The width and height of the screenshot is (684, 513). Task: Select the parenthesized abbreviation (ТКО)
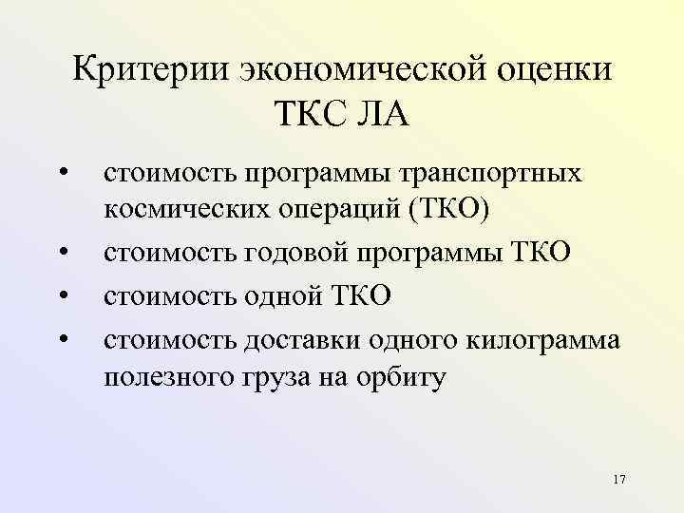pyautogui.click(x=449, y=209)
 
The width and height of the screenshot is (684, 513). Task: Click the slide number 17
pyautogui.click(x=619, y=478)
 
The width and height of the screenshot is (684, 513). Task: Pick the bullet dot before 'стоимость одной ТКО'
pyautogui.click(x=62, y=295)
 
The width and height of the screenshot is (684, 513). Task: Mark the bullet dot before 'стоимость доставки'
pyautogui.click(x=62, y=337)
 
